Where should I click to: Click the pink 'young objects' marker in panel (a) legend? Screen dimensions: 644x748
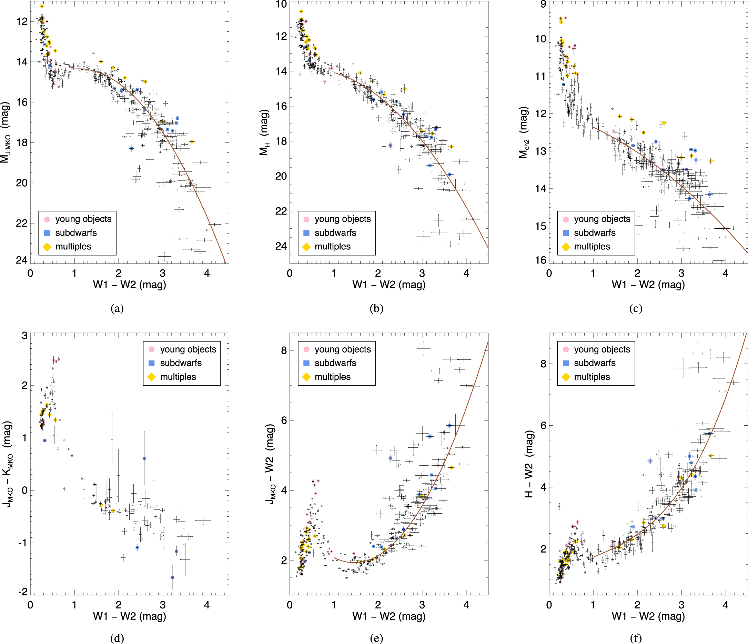pos(47,219)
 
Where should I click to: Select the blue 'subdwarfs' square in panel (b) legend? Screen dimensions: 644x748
pos(306,233)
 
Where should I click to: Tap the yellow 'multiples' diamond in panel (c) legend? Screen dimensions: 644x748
pos(566,247)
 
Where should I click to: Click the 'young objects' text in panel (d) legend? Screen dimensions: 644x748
pos(188,349)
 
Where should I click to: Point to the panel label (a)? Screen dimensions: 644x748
pos(117,308)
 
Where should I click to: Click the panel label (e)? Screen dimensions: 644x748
pos(376,638)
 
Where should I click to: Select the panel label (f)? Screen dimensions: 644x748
pos(636,638)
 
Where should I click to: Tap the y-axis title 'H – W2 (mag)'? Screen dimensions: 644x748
pos(529,464)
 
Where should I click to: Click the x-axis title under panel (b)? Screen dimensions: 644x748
pos(389,285)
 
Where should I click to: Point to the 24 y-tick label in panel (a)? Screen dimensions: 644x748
pos(22,260)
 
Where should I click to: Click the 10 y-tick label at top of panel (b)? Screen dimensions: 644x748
pos(281,4)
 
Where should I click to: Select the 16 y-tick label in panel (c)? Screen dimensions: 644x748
pos(540,260)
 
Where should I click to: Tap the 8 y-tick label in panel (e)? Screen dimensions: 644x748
pos(284,350)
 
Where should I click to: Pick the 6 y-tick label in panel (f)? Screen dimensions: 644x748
pos(543,425)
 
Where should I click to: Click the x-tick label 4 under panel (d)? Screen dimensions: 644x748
pos(207,605)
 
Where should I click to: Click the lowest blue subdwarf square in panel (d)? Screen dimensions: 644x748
pos(172,577)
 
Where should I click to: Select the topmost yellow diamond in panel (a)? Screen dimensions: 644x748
pos(42,6)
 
